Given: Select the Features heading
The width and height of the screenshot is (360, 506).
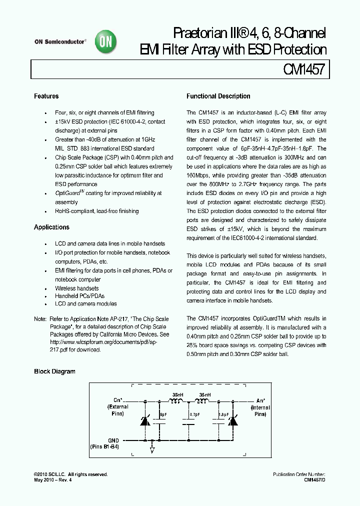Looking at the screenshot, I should (x=46, y=96).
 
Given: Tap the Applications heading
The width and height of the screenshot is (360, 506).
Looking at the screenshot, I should (x=51, y=227).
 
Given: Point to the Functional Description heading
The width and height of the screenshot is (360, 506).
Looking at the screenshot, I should (x=218, y=96).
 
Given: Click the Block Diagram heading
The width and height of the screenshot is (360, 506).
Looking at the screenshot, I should (x=54, y=371).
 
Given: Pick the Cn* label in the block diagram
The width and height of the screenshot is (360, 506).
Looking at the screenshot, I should (x=118, y=400).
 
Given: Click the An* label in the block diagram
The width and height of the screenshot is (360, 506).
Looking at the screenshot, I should (x=261, y=400).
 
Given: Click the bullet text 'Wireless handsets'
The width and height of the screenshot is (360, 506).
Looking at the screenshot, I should (x=76, y=288).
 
